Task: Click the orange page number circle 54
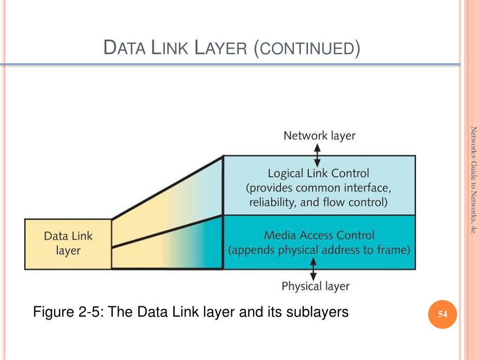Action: click(x=442, y=315)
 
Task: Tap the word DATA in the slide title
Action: click(x=123, y=48)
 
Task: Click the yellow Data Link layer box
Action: click(x=68, y=243)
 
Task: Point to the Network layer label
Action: click(x=319, y=136)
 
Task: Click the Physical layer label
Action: click(x=315, y=285)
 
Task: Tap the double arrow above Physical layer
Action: click(x=314, y=270)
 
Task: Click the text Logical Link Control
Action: click(x=318, y=173)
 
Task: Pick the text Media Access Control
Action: click(x=319, y=235)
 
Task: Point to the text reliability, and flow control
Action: click(x=318, y=202)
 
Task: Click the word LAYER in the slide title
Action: click(x=220, y=48)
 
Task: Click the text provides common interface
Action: click(x=318, y=188)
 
